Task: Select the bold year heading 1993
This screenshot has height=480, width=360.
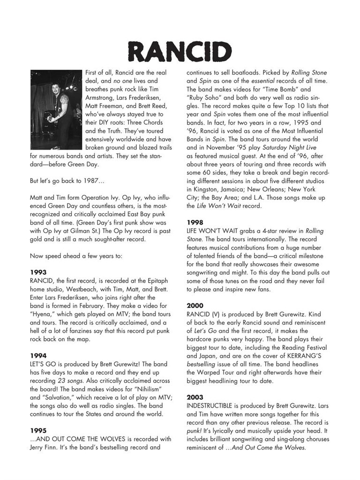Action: coord(38,271)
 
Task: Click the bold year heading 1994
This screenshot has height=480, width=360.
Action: coord(38,355)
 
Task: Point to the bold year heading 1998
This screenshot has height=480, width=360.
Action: coord(195,222)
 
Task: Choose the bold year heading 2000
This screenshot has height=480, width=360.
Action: coord(195,305)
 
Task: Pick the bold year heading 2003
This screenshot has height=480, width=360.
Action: coord(195,397)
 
